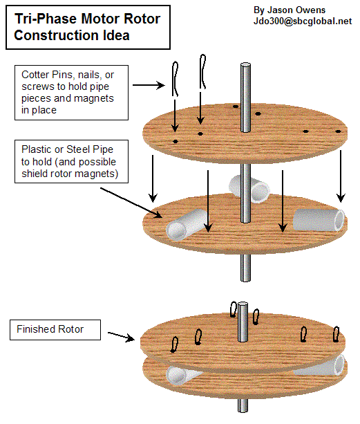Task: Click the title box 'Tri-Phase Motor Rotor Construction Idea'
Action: (88, 27)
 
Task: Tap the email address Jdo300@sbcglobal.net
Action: (303, 21)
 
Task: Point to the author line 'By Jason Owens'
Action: (290, 10)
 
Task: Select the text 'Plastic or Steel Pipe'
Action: (67, 149)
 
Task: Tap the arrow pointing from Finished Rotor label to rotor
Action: (121, 336)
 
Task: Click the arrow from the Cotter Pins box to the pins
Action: (149, 85)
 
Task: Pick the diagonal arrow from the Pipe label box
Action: (131, 203)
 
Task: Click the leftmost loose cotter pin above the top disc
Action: (175, 79)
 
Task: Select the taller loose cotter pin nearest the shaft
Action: (203, 71)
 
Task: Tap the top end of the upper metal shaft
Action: (245, 65)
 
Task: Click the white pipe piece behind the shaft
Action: (249, 188)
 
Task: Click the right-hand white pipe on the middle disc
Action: (319, 220)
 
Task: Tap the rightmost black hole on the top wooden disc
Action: (338, 131)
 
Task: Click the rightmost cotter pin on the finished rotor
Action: (336, 334)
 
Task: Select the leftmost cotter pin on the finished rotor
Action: (174, 344)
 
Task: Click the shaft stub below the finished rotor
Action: (243, 405)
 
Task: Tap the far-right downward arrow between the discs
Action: (341, 176)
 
